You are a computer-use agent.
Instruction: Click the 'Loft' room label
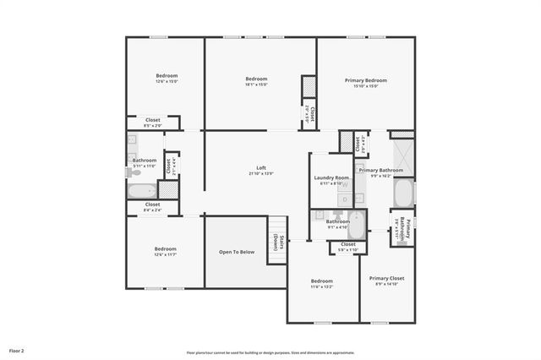[261, 167]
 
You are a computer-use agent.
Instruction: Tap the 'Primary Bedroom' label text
[366, 79]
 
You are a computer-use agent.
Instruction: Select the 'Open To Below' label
[237, 252]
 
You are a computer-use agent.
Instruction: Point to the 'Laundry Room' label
[331, 177]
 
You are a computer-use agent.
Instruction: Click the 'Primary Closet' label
[386, 278]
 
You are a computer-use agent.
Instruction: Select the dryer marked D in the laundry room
[345, 199]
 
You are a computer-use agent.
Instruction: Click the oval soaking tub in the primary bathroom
[402, 193]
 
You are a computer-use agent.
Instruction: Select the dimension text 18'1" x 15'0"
[256, 85]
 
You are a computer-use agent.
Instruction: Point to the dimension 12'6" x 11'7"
[165, 254]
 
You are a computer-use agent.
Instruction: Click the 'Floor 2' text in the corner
[17, 350]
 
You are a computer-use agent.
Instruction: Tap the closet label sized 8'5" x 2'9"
[152, 126]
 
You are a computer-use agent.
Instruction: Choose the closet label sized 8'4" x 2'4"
[152, 210]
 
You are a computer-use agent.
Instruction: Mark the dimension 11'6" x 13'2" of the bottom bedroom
[321, 286]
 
